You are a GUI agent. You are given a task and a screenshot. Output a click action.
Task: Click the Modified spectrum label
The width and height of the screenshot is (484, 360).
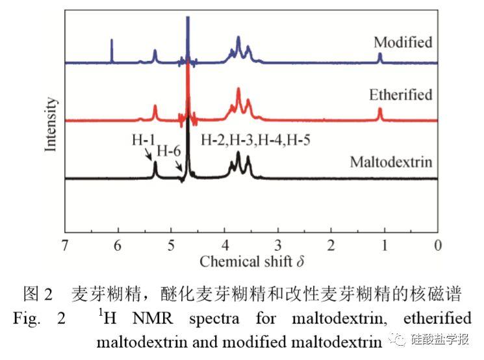click(x=403, y=43)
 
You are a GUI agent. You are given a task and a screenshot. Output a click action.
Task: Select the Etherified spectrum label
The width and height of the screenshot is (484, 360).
click(x=400, y=95)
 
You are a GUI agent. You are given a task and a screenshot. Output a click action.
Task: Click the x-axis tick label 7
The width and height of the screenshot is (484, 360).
click(x=64, y=245)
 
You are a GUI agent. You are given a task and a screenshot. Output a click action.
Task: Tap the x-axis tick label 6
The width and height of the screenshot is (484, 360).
click(x=118, y=245)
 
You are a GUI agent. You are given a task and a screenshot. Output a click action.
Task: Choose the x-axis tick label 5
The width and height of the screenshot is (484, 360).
click(x=171, y=245)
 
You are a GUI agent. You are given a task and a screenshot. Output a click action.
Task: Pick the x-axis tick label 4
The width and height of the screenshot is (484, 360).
click(x=225, y=245)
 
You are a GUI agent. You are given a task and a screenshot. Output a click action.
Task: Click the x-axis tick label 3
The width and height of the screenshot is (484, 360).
click(x=278, y=245)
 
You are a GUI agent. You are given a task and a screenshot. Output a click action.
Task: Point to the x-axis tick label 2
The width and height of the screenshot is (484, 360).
click(x=331, y=245)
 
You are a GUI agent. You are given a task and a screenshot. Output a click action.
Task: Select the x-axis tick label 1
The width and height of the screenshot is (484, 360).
click(x=385, y=245)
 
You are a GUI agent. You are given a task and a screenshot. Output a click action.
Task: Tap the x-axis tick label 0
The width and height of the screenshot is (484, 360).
click(x=438, y=245)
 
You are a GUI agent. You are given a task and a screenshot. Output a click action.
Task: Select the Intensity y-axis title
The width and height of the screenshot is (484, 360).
click(x=51, y=124)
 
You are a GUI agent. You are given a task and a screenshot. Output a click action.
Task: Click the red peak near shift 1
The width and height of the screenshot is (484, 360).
click(x=380, y=114)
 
